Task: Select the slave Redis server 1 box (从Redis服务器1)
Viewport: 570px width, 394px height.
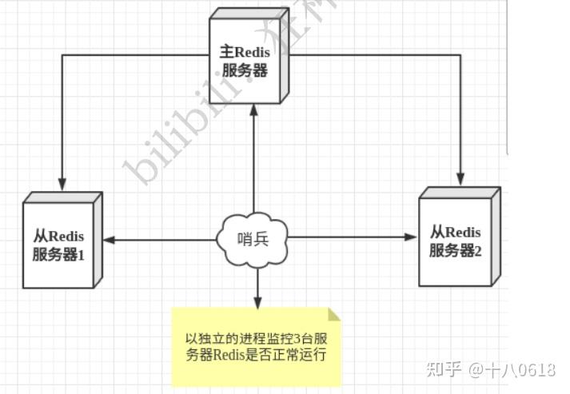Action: pyautogui.click(x=59, y=244)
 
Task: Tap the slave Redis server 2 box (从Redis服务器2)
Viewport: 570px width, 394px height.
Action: pyautogui.click(x=455, y=240)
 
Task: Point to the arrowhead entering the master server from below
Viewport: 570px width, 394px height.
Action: pyautogui.click(x=253, y=110)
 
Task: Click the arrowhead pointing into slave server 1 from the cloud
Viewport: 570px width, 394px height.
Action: pyautogui.click(x=109, y=239)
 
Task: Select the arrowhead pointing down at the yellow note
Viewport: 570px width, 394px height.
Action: pyautogui.click(x=257, y=302)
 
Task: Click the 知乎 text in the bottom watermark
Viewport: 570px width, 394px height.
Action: pyautogui.click(x=444, y=369)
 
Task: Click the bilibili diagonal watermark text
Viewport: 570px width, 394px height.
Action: pyautogui.click(x=184, y=120)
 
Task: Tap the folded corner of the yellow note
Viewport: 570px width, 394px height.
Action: pyautogui.click(x=334, y=314)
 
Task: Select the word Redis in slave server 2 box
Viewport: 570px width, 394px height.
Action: pyautogui.click(x=464, y=232)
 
